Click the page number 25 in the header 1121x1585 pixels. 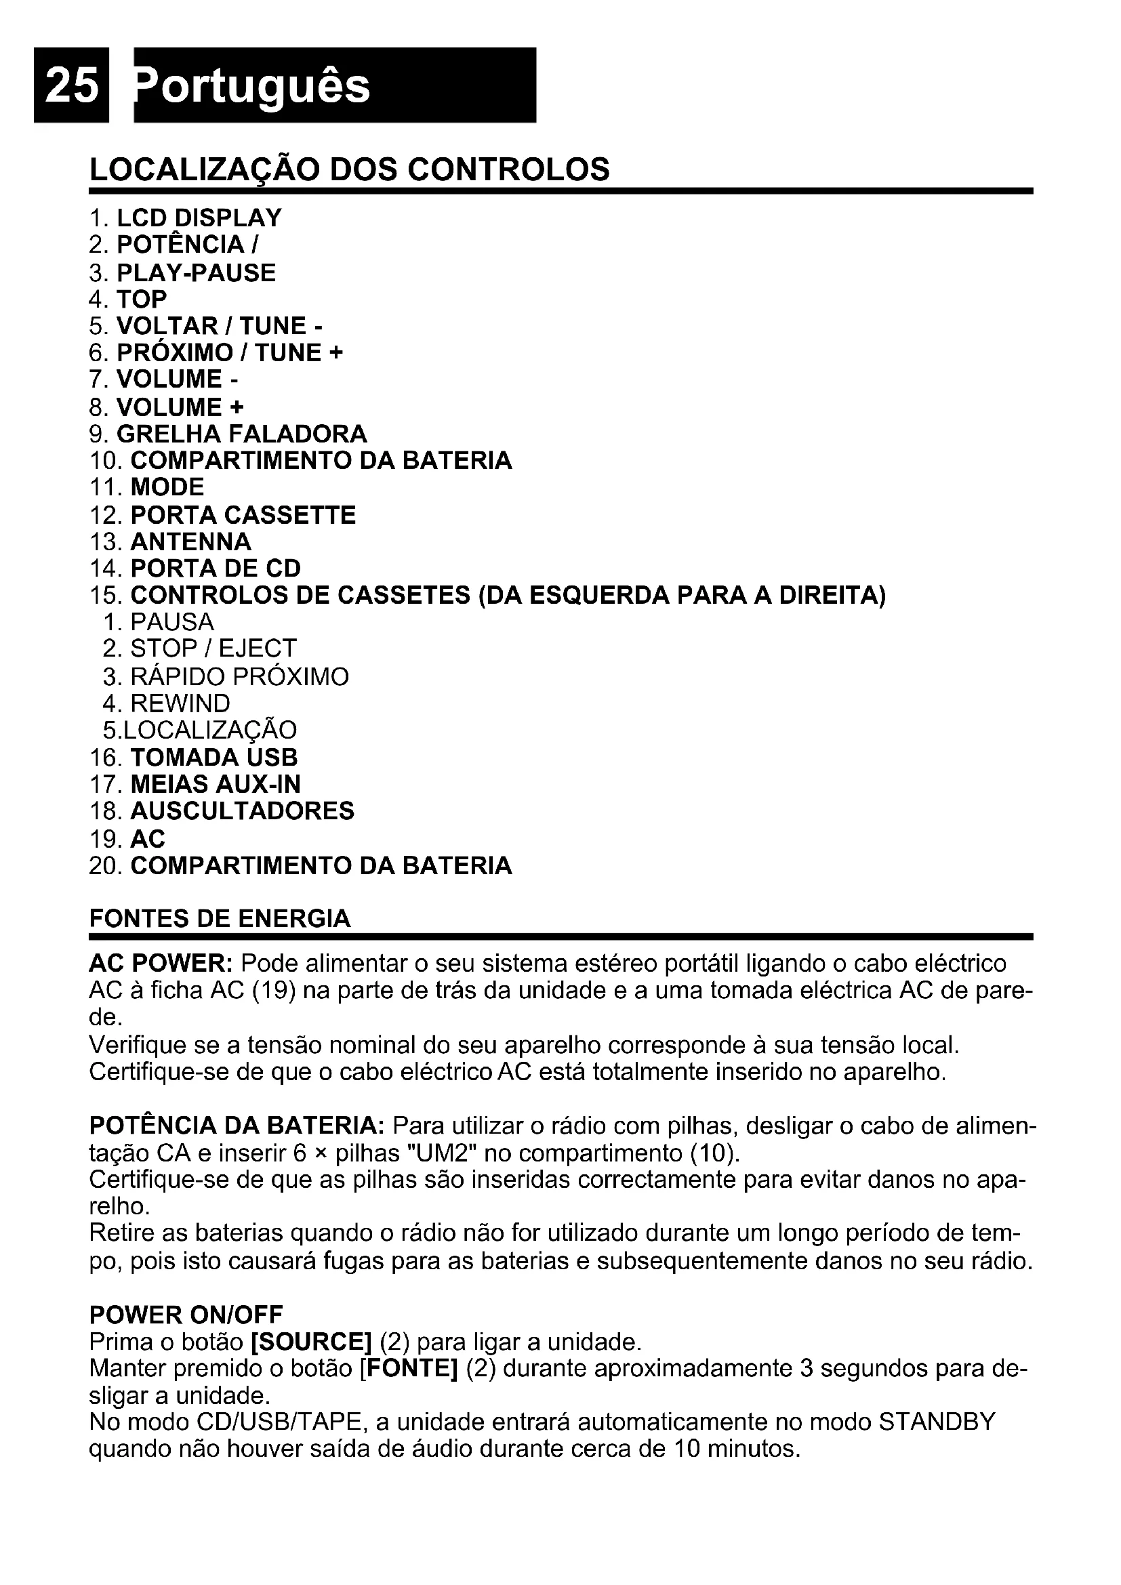71,86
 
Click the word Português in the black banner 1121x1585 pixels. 253,87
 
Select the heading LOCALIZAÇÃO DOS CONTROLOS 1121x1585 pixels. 349,170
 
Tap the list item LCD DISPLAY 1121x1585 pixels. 199,218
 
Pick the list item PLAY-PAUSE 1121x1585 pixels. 196,272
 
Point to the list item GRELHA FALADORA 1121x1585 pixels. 241,434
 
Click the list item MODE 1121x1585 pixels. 167,487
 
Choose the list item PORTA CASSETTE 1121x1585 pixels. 243,515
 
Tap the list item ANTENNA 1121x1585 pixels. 190,542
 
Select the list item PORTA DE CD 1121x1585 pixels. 216,569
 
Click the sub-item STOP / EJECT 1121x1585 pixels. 213,649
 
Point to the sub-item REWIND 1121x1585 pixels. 180,703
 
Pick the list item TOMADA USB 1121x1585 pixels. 214,758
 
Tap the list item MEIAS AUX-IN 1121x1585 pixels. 216,784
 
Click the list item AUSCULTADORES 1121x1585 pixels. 242,811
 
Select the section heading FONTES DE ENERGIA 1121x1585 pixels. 220,919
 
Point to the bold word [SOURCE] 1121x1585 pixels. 311,1342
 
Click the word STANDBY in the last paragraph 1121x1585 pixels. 937,1423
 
